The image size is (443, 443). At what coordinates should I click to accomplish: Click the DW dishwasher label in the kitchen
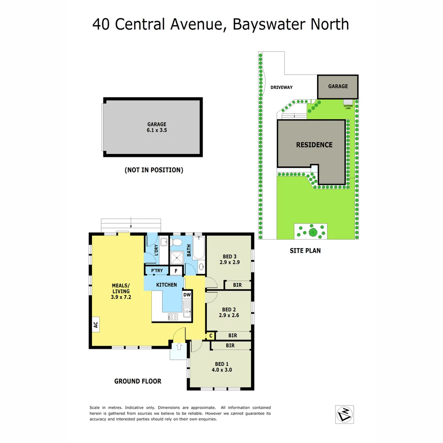(x=187, y=295)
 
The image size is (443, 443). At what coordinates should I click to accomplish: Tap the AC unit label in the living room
(x=96, y=325)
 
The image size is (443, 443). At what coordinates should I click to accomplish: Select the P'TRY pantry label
(x=157, y=271)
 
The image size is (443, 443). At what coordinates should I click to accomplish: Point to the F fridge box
(x=176, y=271)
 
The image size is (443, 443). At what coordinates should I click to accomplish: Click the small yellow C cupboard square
(x=210, y=336)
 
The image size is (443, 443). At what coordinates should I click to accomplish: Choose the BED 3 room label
(x=229, y=258)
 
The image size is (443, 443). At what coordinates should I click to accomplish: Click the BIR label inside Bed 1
(x=230, y=346)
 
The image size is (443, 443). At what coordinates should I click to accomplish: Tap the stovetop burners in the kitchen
(x=173, y=316)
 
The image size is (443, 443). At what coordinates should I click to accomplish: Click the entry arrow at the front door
(x=179, y=347)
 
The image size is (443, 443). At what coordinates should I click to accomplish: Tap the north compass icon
(x=344, y=414)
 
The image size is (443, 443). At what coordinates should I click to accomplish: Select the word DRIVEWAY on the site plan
(x=281, y=87)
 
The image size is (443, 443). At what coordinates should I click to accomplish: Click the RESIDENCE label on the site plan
(x=314, y=145)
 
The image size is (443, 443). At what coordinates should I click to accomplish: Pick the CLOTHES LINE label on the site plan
(x=348, y=107)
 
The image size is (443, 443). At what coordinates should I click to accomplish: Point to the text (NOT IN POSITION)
(x=154, y=170)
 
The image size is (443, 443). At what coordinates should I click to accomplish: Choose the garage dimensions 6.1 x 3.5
(x=157, y=130)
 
